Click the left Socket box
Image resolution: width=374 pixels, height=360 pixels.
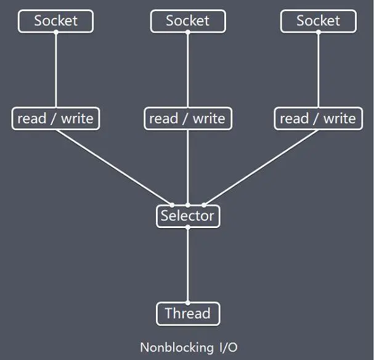click(55, 21)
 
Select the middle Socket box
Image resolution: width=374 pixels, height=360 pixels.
click(187, 21)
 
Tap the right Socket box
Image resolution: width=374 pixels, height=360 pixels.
click(318, 21)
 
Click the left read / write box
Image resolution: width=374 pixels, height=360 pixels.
click(55, 118)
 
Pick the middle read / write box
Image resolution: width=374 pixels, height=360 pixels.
click(187, 118)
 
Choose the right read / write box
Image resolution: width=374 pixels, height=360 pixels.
click(318, 118)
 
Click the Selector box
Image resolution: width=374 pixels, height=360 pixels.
click(187, 216)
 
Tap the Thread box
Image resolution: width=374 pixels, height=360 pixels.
click(187, 314)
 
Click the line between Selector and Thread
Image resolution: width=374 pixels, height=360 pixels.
click(187, 265)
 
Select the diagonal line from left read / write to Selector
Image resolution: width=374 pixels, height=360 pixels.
click(114, 166)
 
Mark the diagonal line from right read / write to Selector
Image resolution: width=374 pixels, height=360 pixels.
click(261, 166)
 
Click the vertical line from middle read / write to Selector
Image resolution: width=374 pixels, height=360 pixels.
click(187, 166)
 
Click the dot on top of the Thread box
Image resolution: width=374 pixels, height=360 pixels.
click(187, 302)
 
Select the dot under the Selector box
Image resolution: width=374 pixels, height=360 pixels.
click(187, 227)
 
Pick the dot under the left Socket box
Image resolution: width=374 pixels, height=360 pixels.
click(55, 32)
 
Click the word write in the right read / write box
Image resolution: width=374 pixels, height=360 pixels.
click(339, 118)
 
